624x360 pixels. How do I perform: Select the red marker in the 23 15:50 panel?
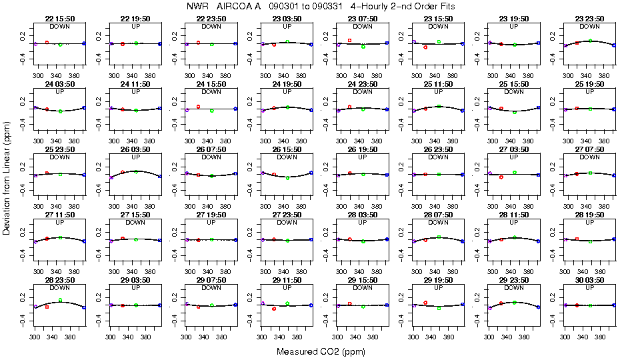click(425, 47)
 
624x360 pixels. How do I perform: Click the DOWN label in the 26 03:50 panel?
click(135, 157)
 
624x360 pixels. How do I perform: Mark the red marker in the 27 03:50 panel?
click(501, 177)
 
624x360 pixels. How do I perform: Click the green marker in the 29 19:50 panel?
click(439, 308)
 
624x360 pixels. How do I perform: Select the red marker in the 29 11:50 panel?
click(274, 309)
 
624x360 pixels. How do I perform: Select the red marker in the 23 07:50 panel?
click(349, 40)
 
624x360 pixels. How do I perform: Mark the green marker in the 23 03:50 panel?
click(287, 41)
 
